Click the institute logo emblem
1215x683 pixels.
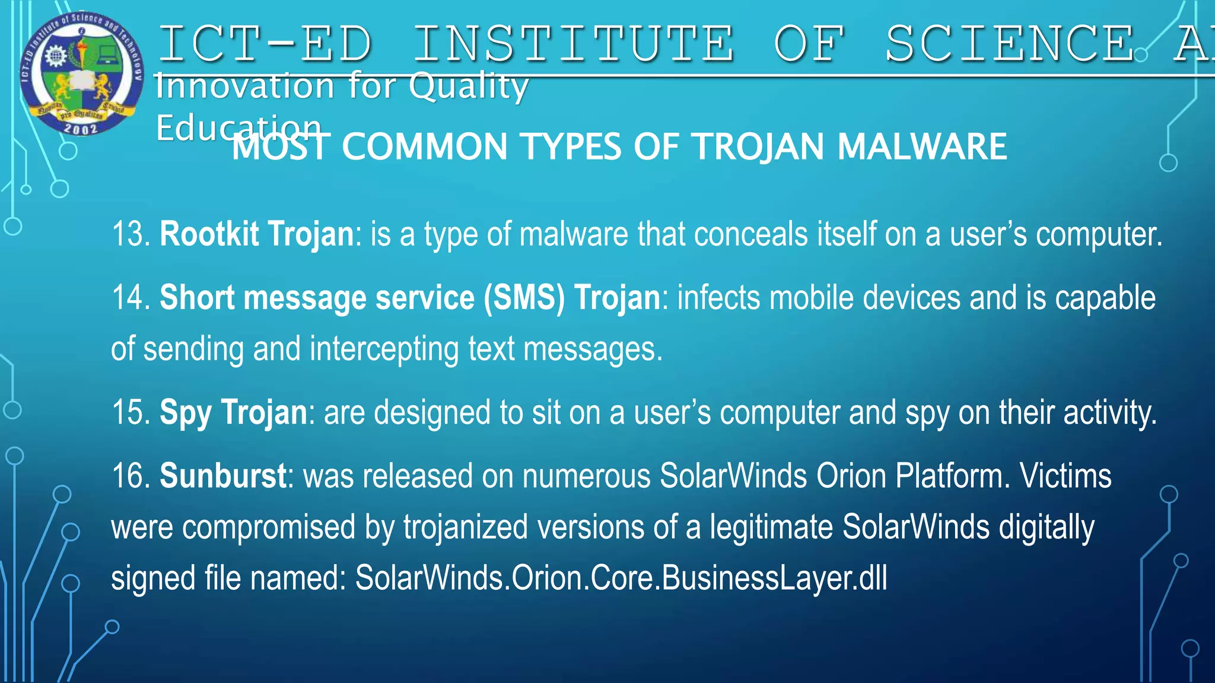click(82, 73)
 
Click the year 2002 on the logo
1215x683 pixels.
click(81, 127)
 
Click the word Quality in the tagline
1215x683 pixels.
click(469, 87)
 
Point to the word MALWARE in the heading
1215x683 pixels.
click(922, 146)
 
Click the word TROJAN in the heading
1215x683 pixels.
click(759, 146)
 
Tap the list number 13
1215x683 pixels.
click(131, 234)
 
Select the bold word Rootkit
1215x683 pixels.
click(209, 234)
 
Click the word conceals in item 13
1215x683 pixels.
click(750, 234)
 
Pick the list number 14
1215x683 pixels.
click(131, 298)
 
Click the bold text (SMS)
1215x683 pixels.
click(524, 298)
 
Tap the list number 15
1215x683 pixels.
click(131, 413)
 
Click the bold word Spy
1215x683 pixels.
click(185, 413)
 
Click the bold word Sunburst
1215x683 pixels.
click(223, 476)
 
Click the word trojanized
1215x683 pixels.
click(465, 528)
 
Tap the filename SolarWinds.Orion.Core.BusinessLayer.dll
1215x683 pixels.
click(621, 578)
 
